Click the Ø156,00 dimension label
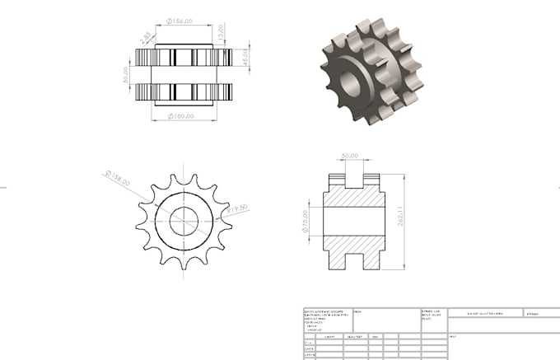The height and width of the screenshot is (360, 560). pos(180,21)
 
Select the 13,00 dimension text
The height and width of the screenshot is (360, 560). pos(221,33)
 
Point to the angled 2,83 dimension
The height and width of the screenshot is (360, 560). pos(145,37)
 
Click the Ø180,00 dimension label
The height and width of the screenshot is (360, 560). pos(180,115)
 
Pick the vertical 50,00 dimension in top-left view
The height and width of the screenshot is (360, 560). pos(126,75)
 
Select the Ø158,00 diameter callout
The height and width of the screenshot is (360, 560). pos(118,179)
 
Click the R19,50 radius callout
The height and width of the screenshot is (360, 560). pos(236,209)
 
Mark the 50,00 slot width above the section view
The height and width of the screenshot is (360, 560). pos(350,155)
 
